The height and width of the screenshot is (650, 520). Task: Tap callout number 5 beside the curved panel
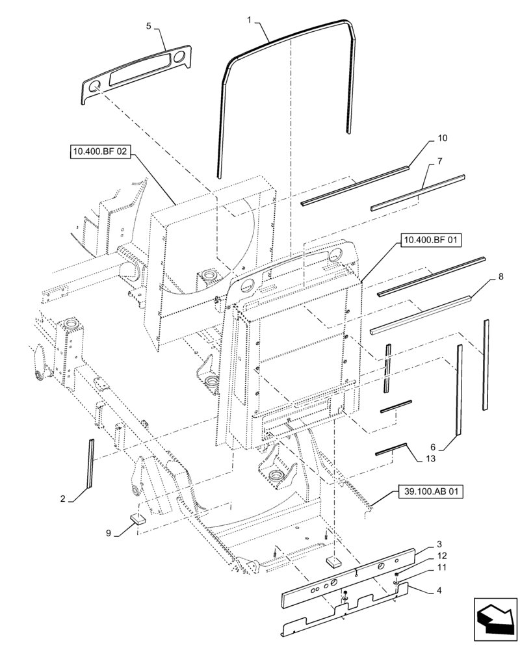coord(148,26)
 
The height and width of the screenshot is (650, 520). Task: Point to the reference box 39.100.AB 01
coord(428,493)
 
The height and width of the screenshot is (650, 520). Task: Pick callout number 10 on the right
coord(443,138)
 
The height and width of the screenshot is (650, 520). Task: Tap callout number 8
coord(500,278)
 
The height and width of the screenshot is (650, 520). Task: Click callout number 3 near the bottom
coord(439,543)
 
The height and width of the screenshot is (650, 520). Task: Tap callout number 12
coord(443,556)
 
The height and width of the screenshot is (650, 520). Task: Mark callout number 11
coord(443,567)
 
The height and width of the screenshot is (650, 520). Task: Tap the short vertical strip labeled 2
coord(91,463)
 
